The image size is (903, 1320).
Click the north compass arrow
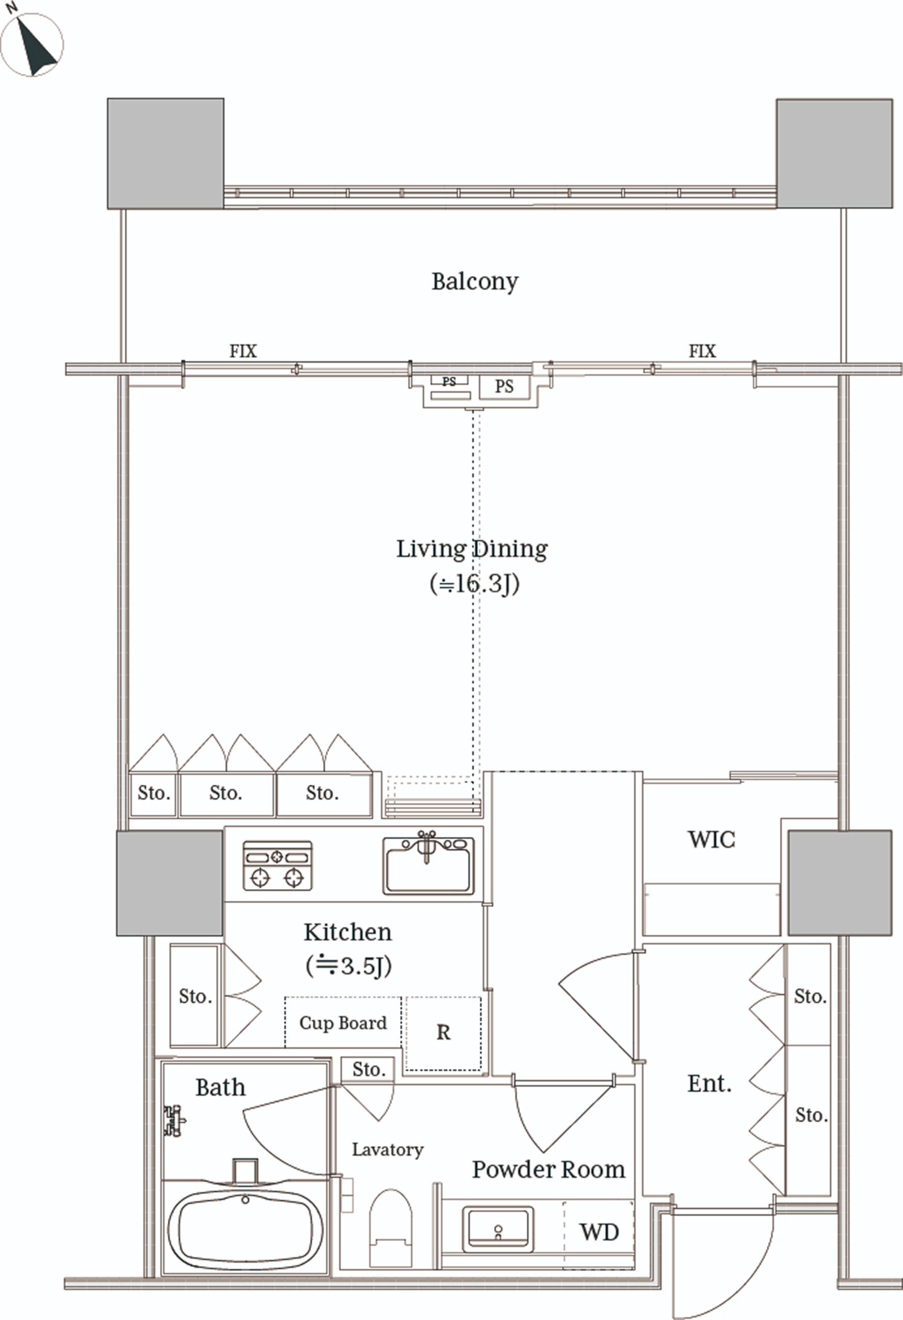35,46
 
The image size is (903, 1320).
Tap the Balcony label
475,282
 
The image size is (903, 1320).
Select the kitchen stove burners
277,865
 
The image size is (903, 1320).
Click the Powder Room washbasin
498,1230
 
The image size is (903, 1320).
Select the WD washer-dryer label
599,1232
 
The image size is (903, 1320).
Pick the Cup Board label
343,1022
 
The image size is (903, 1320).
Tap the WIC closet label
712,839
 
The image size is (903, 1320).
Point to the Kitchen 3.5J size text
348,965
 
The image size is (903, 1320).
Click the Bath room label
220,1087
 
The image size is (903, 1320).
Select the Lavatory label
388,1150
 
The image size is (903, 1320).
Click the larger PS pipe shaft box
505,387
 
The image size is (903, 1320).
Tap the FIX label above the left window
243,351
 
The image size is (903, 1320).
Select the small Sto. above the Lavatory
368,1069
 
